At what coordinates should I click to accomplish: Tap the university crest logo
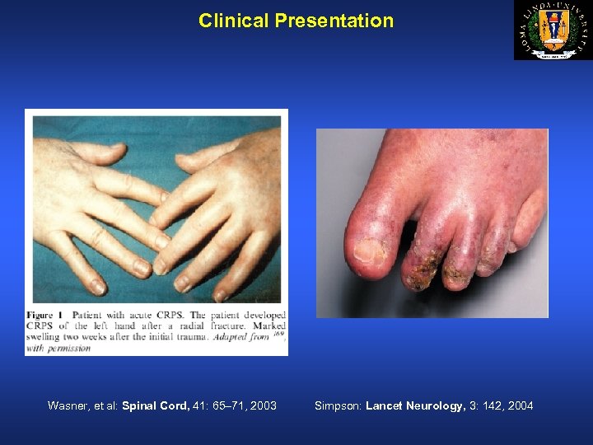click(552, 30)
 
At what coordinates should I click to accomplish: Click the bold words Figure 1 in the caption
click(46, 315)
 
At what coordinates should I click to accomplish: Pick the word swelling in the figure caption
click(48, 337)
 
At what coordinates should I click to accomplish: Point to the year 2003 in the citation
click(262, 405)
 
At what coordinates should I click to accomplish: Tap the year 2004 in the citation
click(520, 405)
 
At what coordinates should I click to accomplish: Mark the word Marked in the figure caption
click(266, 326)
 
